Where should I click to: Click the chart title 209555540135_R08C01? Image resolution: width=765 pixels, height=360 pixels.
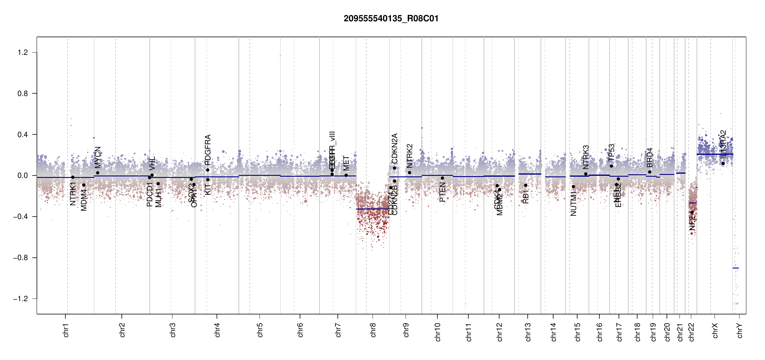click(x=391, y=19)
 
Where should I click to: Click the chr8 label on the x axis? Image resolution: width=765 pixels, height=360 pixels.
click(x=373, y=330)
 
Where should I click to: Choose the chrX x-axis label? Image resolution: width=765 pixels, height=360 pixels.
click(x=715, y=330)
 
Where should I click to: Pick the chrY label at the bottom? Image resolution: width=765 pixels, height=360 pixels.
click(x=739, y=330)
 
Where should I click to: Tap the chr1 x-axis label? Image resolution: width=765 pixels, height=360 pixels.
click(x=66, y=330)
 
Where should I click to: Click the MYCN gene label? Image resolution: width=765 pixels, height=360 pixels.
click(x=98, y=157)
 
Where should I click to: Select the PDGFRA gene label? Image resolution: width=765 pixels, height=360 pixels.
click(x=208, y=150)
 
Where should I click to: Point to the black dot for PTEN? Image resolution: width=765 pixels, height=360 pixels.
click(x=442, y=178)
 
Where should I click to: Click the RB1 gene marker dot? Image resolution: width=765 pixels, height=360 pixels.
click(x=526, y=185)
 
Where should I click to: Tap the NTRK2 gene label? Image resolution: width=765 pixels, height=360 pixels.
click(x=409, y=156)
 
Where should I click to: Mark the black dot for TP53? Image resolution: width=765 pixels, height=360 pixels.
click(x=611, y=166)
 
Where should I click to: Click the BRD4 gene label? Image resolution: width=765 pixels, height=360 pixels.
click(x=649, y=157)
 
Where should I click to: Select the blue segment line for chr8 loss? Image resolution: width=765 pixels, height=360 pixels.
click(x=373, y=209)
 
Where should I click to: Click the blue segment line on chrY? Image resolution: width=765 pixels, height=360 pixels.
click(x=736, y=268)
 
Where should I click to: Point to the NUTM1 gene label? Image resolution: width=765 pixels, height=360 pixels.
click(x=573, y=205)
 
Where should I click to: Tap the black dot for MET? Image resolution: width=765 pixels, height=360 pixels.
click(x=346, y=175)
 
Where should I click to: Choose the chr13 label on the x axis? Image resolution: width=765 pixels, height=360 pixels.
click(x=528, y=331)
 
